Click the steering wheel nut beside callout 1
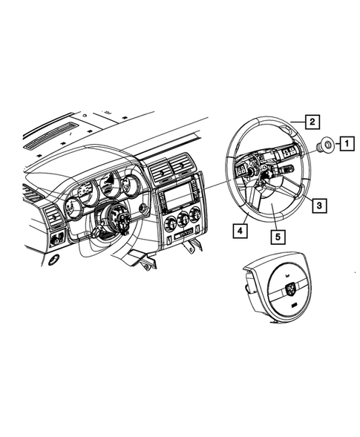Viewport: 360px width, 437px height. (x=325, y=145)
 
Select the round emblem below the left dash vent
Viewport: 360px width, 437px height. (x=53, y=261)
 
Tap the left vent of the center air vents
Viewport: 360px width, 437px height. (x=160, y=173)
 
